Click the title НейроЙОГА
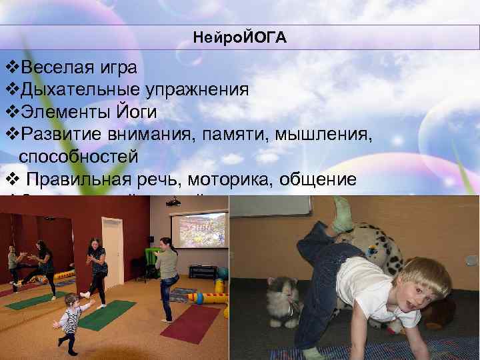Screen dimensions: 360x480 (x=240, y=38)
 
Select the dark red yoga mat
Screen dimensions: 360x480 (x=191, y=324)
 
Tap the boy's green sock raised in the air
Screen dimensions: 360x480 (x=341, y=209)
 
